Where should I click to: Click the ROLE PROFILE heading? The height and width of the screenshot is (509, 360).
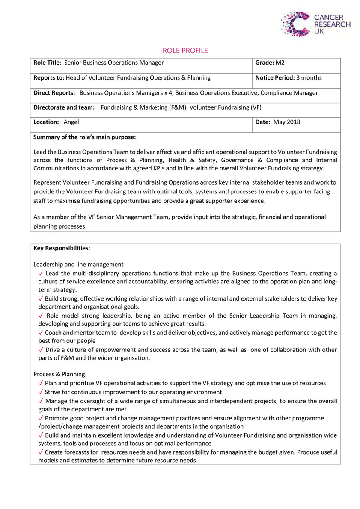point(185,51)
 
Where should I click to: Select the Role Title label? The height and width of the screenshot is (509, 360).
point(46,63)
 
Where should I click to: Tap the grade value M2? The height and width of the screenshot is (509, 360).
point(280,63)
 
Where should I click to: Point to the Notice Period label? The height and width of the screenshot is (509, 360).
point(274,78)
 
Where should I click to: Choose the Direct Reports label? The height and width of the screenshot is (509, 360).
point(54,92)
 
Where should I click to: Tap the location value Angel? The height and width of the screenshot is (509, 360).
point(71,122)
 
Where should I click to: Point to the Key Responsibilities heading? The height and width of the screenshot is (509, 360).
point(62,248)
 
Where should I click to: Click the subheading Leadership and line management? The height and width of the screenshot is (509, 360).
point(78,265)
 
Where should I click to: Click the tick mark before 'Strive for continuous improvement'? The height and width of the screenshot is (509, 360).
point(41,392)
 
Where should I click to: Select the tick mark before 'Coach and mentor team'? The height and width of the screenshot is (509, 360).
point(41,333)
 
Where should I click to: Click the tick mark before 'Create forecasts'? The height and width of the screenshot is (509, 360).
point(41,452)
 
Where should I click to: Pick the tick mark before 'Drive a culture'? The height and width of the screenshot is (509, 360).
point(41,350)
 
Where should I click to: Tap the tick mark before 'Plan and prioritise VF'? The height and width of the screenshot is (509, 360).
point(41,383)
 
